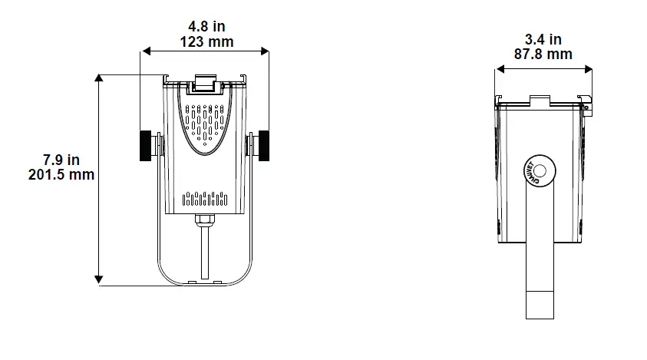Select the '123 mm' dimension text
click(x=206, y=41)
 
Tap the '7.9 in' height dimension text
click(x=61, y=160)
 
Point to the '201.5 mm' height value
click(x=61, y=174)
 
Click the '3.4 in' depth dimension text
click(x=543, y=40)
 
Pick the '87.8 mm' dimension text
click(x=543, y=54)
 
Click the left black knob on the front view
click(x=145, y=146)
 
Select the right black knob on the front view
click(x=266, y=146)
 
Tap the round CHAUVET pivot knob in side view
click(x=536, y=171)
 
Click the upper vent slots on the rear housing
click(x=205, y=123)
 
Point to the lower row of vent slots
click(x=205, y=201)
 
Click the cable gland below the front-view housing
click(x=205, y=221)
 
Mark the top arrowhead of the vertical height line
click(x=99, y=78)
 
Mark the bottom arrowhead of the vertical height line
click(x=99, y=281)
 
